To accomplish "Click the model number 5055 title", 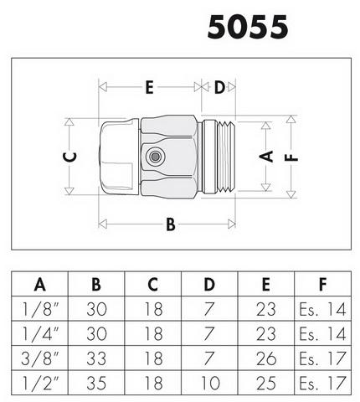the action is click(248, 27).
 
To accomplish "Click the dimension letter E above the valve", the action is click(150, 87).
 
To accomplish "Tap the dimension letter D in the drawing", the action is click(219, 87).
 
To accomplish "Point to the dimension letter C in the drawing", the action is click(69, 157).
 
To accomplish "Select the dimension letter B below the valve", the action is click(171, 224).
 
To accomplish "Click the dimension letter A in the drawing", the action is click(266, 157).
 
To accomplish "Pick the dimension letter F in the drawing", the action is click(291, 158).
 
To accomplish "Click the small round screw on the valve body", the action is click(154, 157).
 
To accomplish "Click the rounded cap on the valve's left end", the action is click(120, 157).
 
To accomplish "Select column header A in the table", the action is click(39, 285).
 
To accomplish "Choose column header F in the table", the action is click(322, 285).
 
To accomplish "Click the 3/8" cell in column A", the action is click(41, 358).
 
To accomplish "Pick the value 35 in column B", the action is click(96, 383).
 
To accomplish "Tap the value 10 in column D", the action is click(210, 383).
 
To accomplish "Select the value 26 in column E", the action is click(266, 358).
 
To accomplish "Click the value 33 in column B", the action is click(96, 358).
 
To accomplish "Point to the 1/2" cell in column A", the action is click(41, 383).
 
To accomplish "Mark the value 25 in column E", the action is click(266, 383).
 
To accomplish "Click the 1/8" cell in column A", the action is click(41, 309).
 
